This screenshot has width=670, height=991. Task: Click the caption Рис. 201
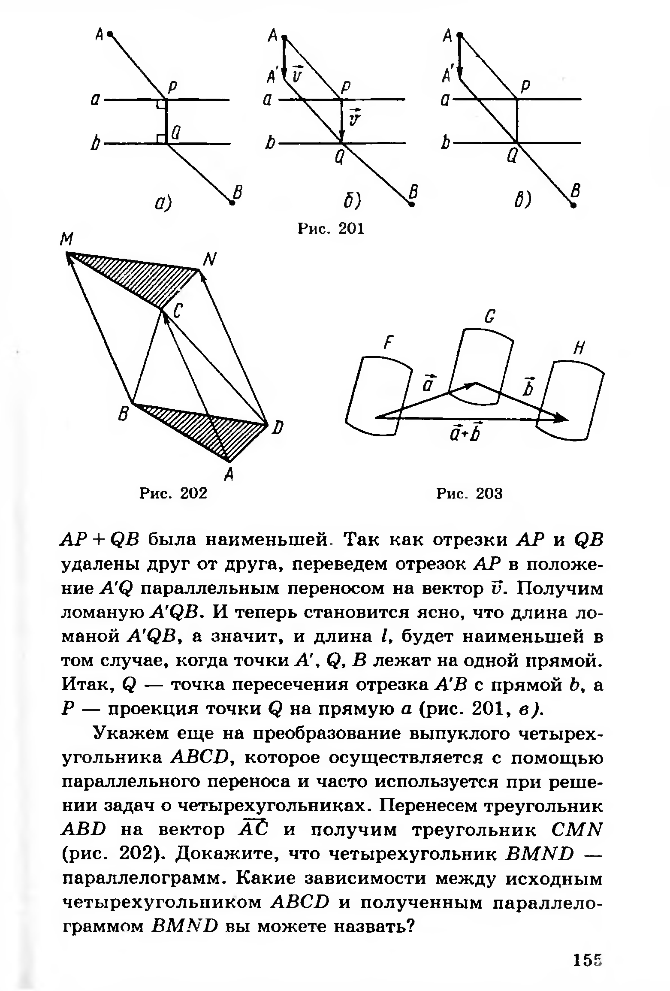[331, 229]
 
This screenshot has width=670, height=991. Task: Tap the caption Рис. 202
[173, 493]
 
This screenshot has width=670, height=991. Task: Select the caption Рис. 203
[469, 494]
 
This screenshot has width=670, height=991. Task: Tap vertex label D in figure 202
[278, 428]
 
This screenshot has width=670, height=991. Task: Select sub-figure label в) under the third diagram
[523, 200]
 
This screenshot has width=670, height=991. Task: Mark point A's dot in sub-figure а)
[110, 33]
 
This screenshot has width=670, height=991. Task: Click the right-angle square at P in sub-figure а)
[161, 104]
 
